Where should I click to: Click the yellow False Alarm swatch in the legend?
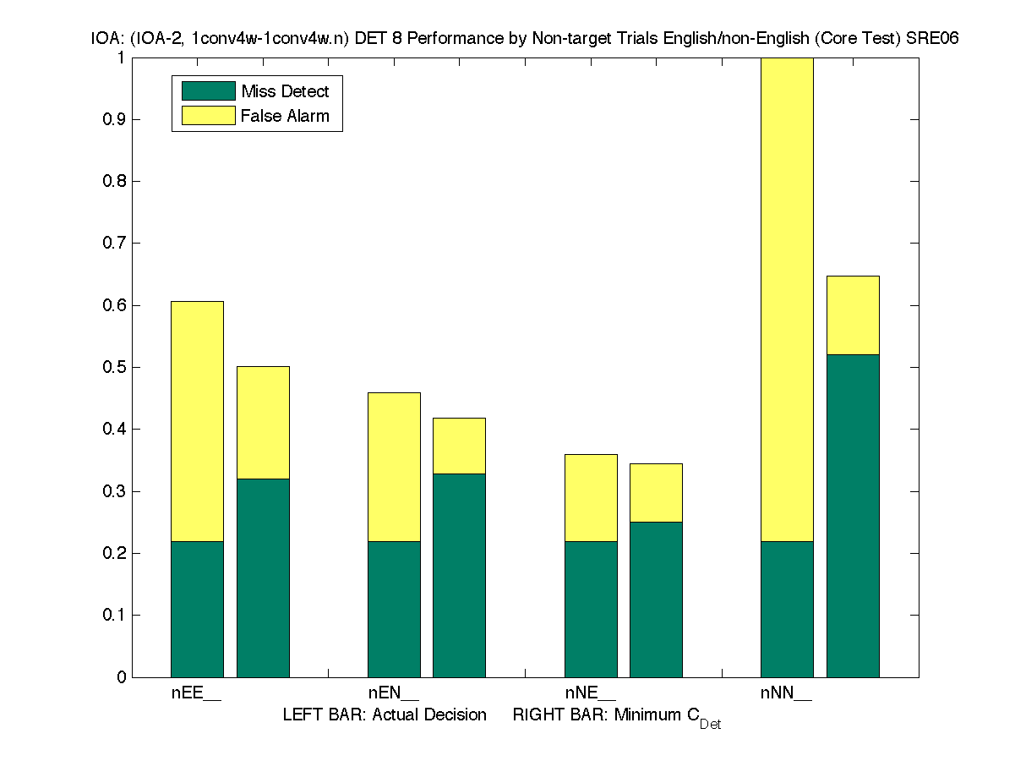coord(208,116)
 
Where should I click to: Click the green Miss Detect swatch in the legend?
coord(208,91)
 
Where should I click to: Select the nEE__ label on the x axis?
coord(196,693)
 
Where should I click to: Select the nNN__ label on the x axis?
coord(786,693)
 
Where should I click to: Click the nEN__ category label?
coord(393,693)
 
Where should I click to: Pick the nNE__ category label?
coord(590,693)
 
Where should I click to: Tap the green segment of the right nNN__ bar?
coord(853,516)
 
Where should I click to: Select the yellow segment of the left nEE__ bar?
coord(197,421)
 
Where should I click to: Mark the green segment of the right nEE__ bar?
coord(263,578)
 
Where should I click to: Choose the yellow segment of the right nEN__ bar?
coord(459,446)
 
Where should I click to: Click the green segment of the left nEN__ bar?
coord(394,609)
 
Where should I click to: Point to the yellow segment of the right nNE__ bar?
coord(656,493)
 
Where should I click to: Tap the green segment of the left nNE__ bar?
coord(591,609)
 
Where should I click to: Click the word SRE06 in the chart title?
coord(932,39)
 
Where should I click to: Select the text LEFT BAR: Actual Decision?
coord(385,714)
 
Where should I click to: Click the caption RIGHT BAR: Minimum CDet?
coord(616,716)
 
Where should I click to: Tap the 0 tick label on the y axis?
coord(123,677)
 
